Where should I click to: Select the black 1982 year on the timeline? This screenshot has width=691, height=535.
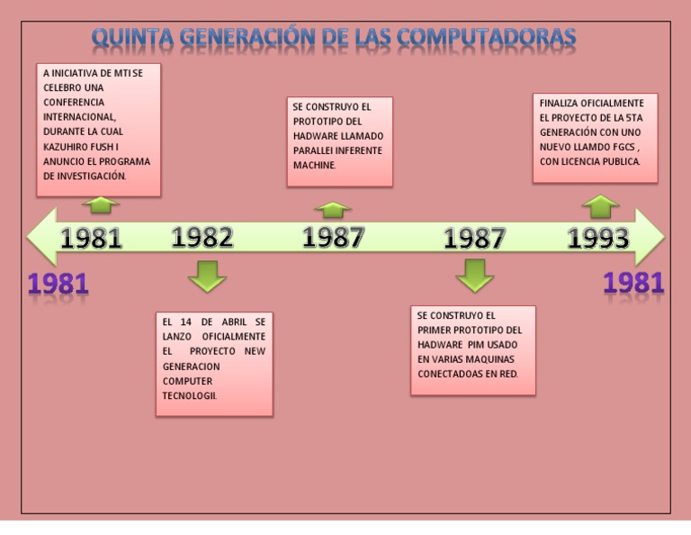(202, 237)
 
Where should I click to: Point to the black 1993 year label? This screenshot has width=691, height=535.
(598, 238)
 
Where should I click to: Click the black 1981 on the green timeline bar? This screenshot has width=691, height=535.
(91, 238)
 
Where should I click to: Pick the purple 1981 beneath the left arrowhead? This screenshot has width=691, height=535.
(58, 284)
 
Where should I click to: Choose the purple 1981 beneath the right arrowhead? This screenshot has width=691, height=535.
(633, 283)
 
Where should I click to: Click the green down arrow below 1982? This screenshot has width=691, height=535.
(207, 277)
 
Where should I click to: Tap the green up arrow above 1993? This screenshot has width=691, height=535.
(600, 206)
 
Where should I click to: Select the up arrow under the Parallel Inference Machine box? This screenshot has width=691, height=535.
(333, 210)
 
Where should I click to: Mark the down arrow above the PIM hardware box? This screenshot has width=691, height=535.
(475, 277)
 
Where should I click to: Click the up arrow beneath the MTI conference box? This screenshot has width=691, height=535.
(101, 205)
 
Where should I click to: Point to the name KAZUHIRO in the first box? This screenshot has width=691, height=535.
(62, 147)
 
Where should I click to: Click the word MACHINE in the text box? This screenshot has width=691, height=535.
(314, 166)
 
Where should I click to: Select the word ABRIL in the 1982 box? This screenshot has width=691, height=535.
(234, 322)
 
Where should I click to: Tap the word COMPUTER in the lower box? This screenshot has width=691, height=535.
(187, 381)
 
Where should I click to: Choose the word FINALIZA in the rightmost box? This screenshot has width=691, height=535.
(558, 104)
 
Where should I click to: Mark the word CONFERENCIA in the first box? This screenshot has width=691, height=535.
(74, 103)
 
